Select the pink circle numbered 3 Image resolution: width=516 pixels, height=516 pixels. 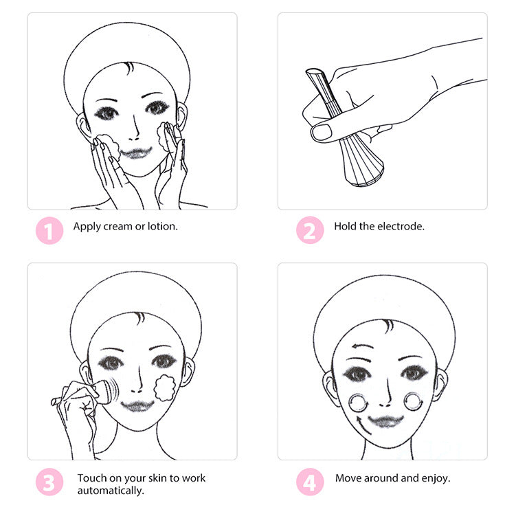(48, 482)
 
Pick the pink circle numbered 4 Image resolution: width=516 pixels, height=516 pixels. (310, 482)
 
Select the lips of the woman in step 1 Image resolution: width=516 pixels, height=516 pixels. (137, 151)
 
